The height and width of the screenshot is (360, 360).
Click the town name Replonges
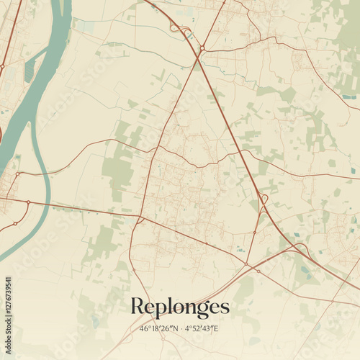pos(180,307)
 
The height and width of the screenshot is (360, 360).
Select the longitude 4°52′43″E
pos(201,328)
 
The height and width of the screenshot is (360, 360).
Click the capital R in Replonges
pos(137,306)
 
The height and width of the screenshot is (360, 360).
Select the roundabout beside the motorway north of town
pos(202,48)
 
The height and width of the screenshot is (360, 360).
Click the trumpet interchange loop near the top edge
pos(174,27)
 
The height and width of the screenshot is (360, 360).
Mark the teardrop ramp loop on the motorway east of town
pos(264,198)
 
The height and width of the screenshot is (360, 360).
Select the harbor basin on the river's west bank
pos(30,70)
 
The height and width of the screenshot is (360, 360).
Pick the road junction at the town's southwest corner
pos(140,219)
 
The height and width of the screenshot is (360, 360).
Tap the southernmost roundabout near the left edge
pos(14,223)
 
